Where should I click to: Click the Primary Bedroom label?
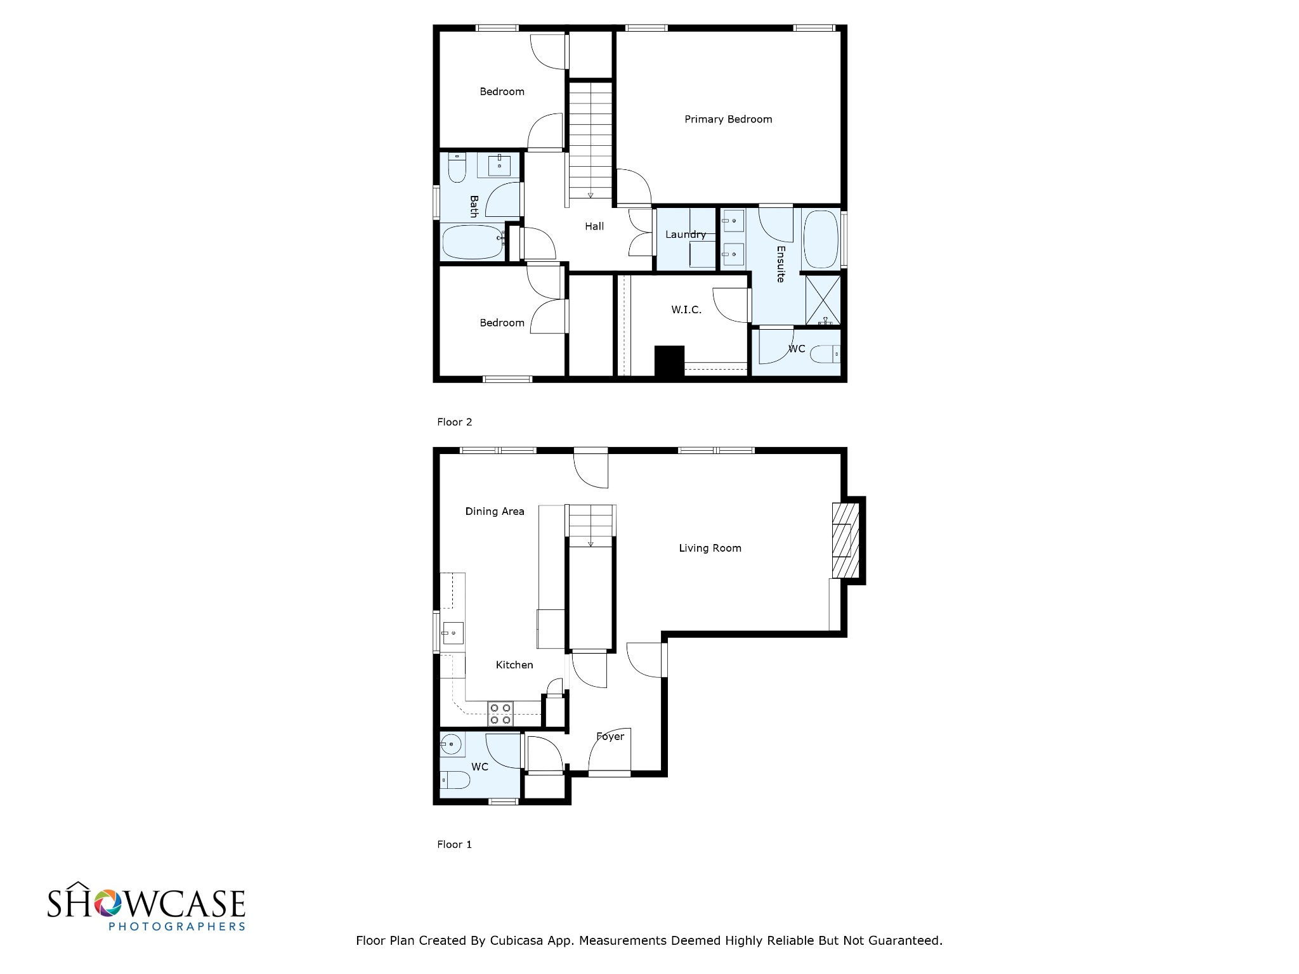tap(728, 119)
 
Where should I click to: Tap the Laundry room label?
tap(685, 235)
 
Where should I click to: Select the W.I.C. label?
tap(686, 310)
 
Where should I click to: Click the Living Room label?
tap(710, 548)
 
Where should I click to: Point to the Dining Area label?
tap(495, 511)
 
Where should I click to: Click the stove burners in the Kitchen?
tap(500, 714)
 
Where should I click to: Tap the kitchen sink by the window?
tap(453, 633)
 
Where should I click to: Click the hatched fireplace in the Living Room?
tap(845, 540)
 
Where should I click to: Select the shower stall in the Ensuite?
tap(823, 300)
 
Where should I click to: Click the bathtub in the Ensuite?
tap(821, 240)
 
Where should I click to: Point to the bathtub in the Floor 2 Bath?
tap(472, 242)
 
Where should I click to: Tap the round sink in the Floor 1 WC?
tap(451, 744)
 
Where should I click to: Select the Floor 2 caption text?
tap(454, 422)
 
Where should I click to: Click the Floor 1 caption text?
tap(454, 844)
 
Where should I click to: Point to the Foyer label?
tap(610, 736)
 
